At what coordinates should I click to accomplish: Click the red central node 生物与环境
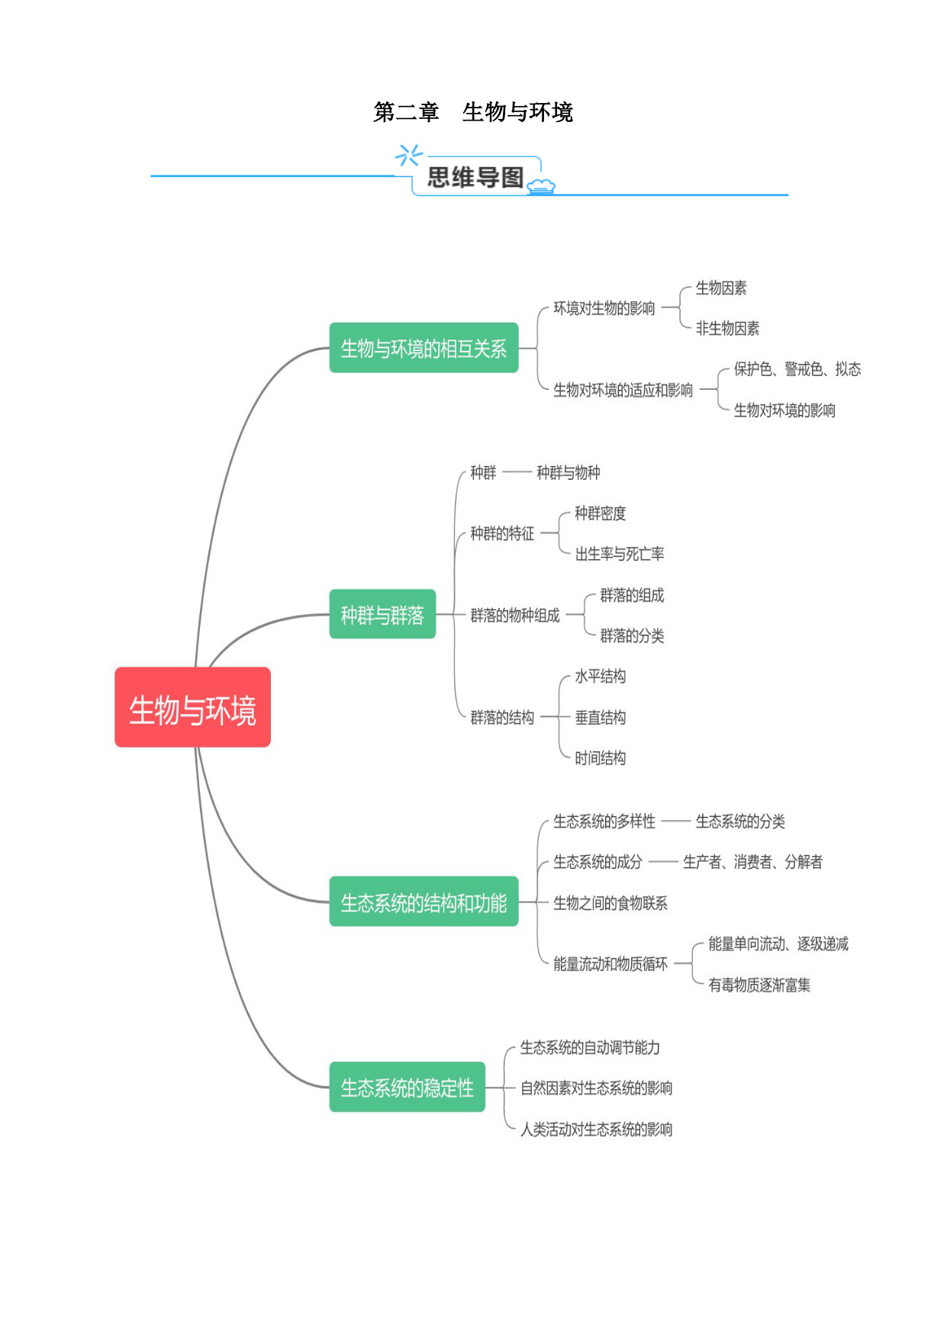point(192,707)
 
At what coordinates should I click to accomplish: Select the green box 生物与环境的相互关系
point(424,348)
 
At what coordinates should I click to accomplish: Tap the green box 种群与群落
point(382,614)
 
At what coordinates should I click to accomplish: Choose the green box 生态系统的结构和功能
point(424,902)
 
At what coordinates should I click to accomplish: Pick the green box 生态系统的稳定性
point(407,1087)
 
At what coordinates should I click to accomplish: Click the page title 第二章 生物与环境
point(473,112)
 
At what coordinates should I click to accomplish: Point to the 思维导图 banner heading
point(475,178)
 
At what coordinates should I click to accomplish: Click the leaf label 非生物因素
point(727,329)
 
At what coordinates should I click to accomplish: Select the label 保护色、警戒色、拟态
point(797,369)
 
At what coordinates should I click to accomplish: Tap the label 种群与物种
point(569,473)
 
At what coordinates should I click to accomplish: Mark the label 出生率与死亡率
point(620,554)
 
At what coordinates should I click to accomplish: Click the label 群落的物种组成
point(515,616)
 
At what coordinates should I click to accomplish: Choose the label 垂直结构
point(601,718)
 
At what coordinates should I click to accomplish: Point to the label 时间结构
point(601,758)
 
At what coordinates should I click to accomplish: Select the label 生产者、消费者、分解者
point(753,862)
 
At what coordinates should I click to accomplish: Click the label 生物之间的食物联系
point(610,903)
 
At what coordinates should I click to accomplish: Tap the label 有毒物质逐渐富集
point(759,985)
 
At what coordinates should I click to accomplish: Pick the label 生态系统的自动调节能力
point(590,1047)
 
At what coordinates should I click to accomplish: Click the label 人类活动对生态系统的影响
point(596,1129)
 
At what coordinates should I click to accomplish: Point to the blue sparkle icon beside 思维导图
point(408,155)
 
